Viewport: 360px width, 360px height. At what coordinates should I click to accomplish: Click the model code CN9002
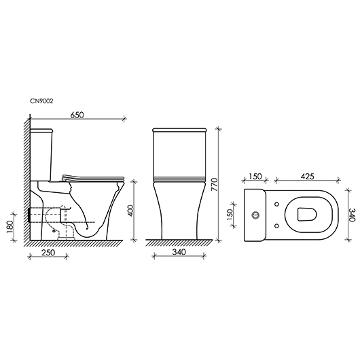click(x=41, y=101)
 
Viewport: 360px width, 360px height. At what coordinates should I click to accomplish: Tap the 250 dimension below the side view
click(x=48, y=253)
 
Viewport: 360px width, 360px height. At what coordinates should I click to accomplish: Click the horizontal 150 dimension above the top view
click(x=256, y=177)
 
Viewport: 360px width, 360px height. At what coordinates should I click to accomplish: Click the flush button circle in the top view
click(x=257, y=215)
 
